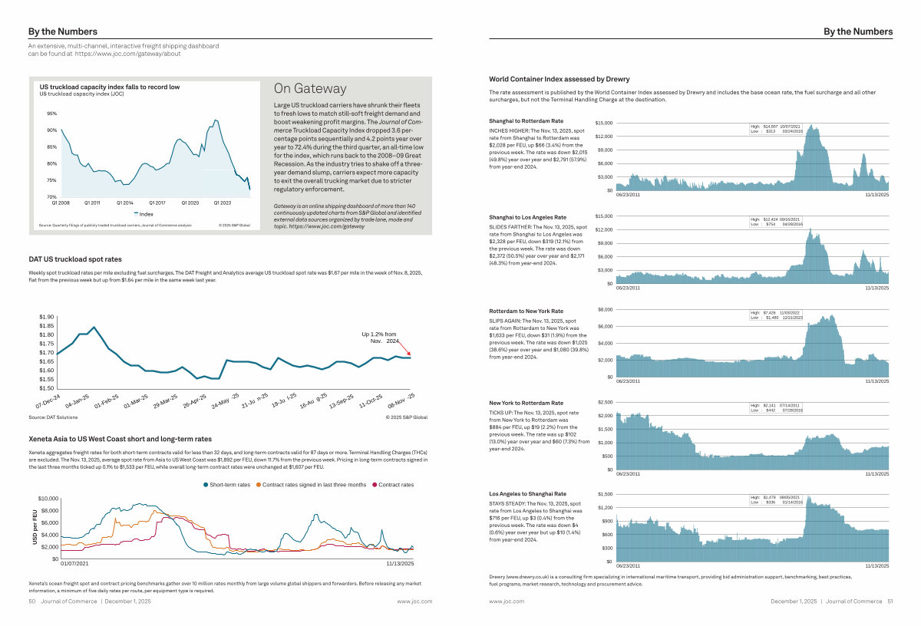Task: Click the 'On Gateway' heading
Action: tap(310, 89)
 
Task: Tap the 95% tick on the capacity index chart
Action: tap(51, 114)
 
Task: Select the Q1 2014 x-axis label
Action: tap(125, 203)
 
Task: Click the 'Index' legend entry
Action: tap(147, 214)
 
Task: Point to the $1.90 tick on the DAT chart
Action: tap(46, 317)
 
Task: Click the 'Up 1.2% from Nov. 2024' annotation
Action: tap(379, 337)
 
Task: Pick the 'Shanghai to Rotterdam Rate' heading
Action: tap(526, 121)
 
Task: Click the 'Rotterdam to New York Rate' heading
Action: tap(527, 311)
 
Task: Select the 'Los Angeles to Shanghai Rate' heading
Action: tap(527, 493)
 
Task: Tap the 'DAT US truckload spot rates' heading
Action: tap(74, 259)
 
